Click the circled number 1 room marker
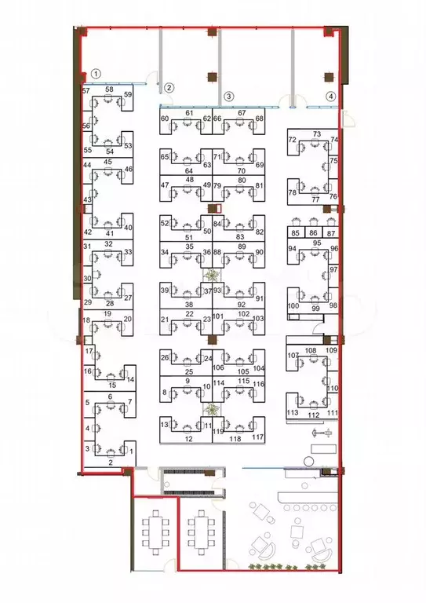click(x=96, y=73)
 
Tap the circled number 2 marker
click(x=169, y=88)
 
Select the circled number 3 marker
click(x=228, y=96)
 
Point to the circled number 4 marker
click(x=331, y=96)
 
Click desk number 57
click(x=86, y=91)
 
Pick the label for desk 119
click(x=218, y=432)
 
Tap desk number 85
click(x=296, y=233)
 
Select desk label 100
click(x=293, y=306)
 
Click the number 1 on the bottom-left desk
click(x=131, y=452)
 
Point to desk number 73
click(x=317, y=133)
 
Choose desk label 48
click(x=190, y=180)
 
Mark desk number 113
click(x=293, y=413)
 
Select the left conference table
click(x=155, y=532)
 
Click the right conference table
click(x=201, y=532)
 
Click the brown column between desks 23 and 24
click(x=212, y=339)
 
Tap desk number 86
click(x=314, y=233)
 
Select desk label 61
click(x=189, y=113)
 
